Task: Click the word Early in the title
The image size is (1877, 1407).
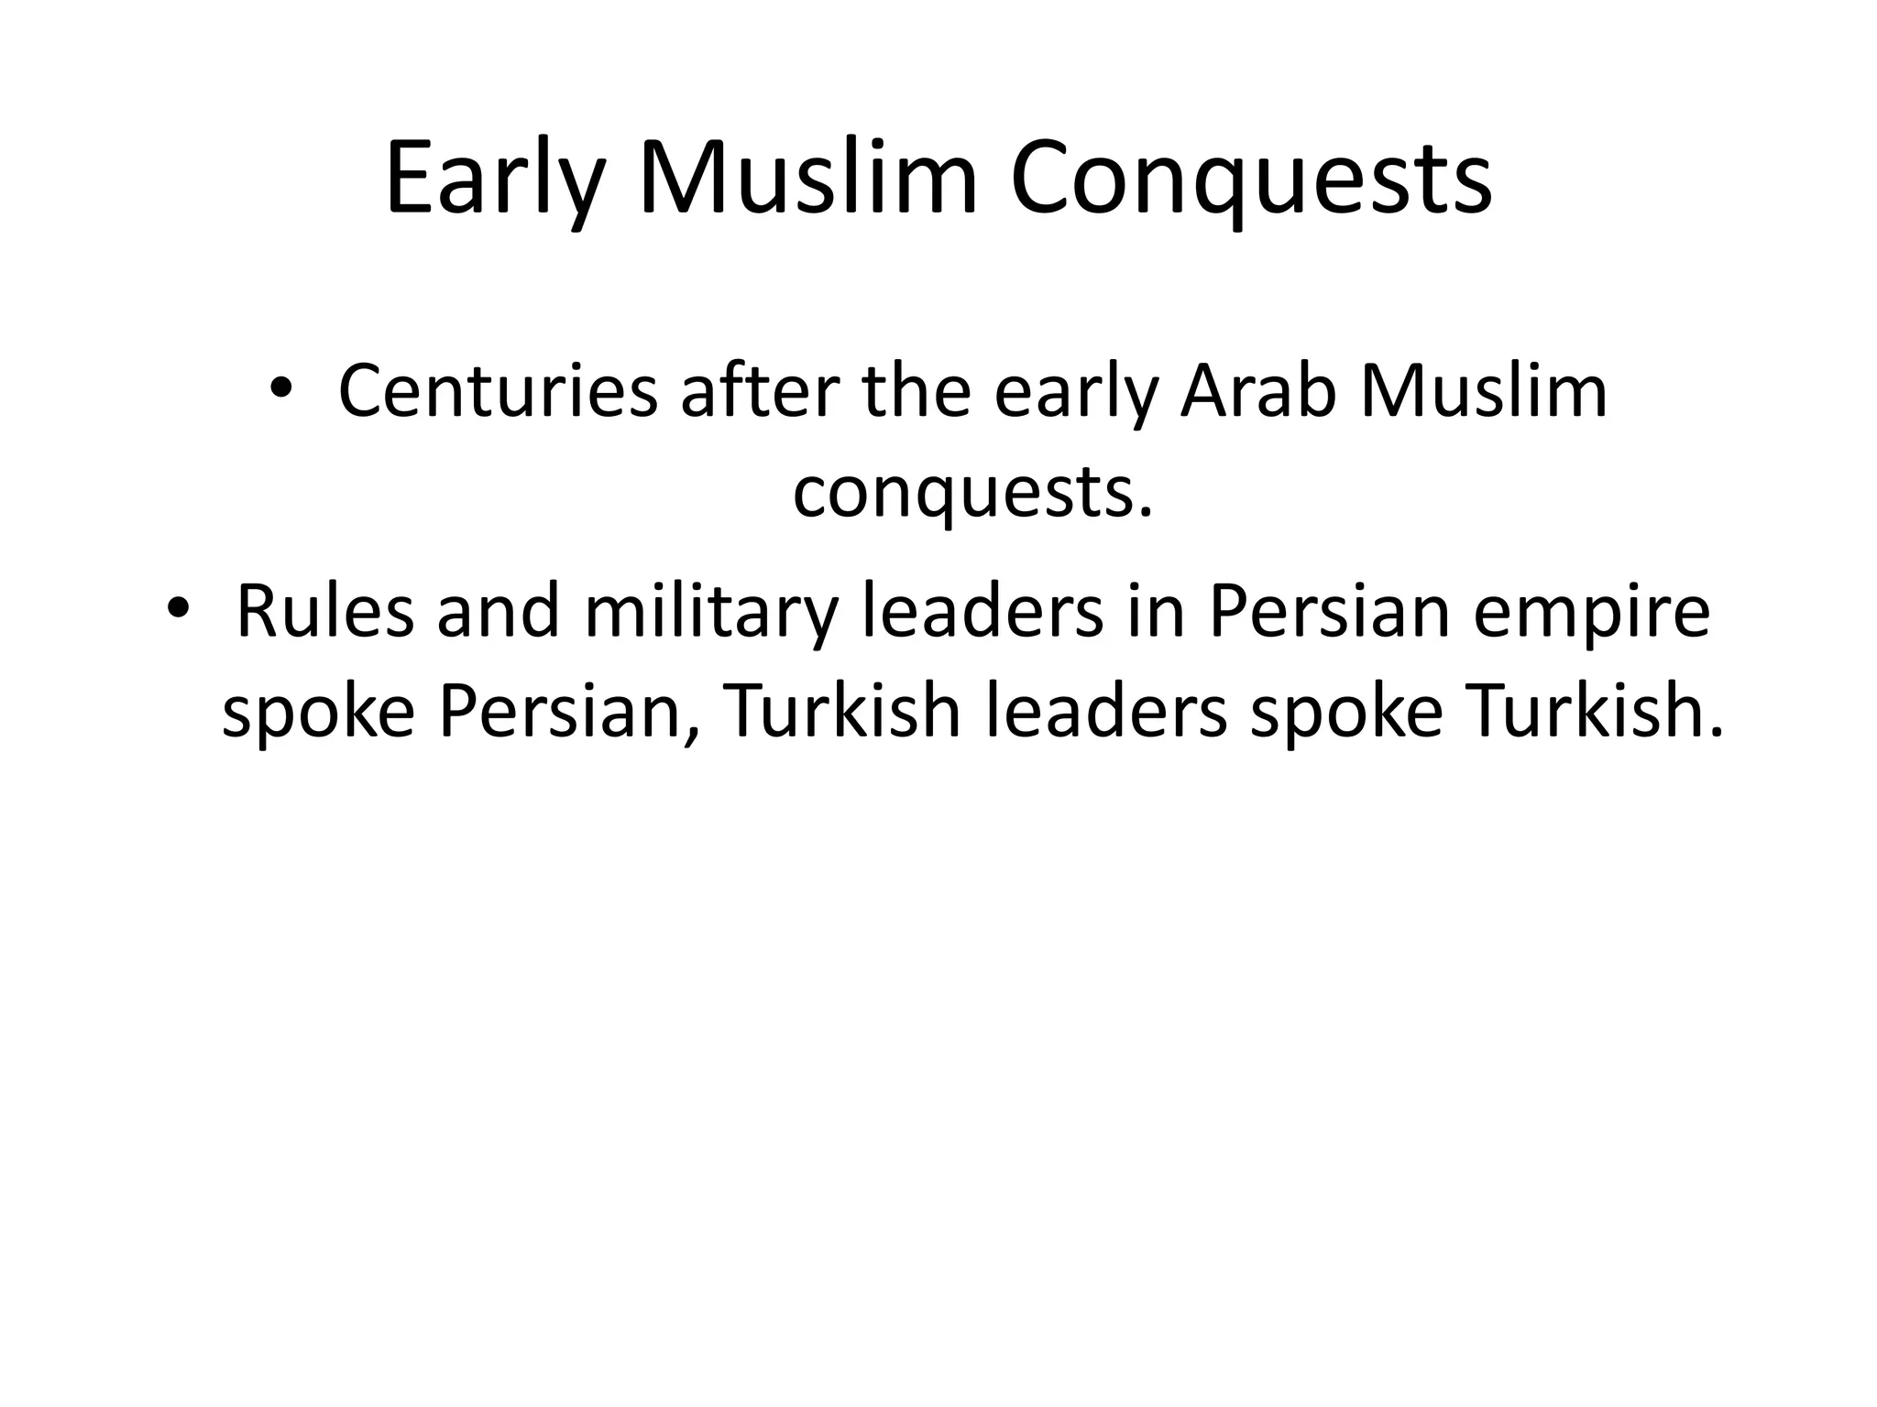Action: tap(496, 180)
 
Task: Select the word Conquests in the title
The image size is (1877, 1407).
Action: tap(1251, 180)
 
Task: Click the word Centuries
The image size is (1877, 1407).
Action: tap(498, 393)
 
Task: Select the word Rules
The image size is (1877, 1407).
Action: tap(325, 612)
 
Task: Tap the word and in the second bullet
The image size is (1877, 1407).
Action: tap(498, 612)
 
